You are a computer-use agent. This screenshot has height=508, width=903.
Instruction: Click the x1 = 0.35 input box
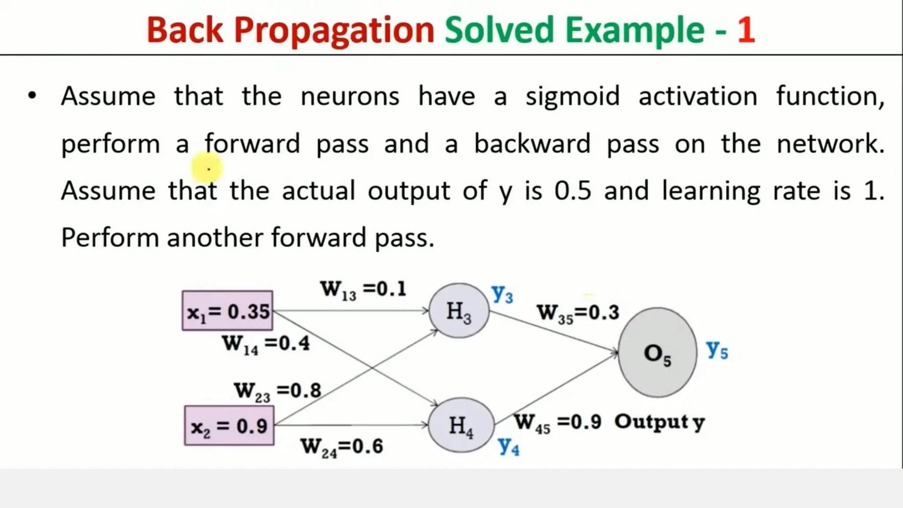(228, 311)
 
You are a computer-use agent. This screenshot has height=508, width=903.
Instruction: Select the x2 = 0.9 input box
(229, 426)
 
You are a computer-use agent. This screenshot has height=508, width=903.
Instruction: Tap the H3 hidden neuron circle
(459, 311)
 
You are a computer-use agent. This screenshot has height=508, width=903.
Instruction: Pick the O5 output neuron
(657, 353)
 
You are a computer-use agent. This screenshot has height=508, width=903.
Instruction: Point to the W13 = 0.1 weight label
(363, 290)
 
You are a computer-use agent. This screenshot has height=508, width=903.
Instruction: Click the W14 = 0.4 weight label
(266, 344)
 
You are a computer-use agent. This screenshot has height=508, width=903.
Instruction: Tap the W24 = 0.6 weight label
(342, 447)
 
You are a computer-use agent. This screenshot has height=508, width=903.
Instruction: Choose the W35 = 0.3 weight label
(578, 313)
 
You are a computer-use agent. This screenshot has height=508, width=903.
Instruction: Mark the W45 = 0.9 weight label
(558, 422)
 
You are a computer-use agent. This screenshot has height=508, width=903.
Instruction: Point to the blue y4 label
(509, 446)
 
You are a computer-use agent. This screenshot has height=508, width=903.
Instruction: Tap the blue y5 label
(717, 350)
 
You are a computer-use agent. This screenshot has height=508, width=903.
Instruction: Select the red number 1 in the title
(746, 30)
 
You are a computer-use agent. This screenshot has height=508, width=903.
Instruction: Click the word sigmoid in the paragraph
(572, 97)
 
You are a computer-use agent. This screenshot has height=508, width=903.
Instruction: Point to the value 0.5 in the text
(572, 191)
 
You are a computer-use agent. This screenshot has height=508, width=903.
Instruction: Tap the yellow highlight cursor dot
(207, 168)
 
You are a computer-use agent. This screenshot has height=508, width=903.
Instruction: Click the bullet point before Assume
(32, 96)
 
